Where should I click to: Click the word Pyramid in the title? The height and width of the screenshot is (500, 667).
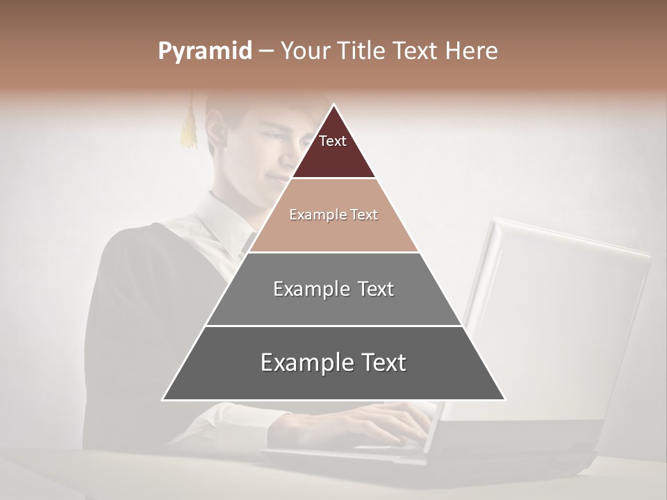click(204, 51)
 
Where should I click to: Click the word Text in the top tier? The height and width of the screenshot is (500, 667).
click(333, 141)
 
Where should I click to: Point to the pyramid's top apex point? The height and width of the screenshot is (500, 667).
click(333, 105)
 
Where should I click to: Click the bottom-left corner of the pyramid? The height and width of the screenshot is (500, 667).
click(163, 399)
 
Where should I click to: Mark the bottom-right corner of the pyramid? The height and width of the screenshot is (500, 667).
click(504, 399)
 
